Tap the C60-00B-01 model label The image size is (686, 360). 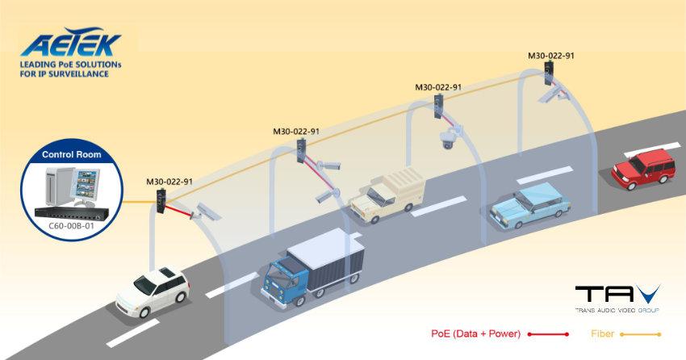pyautogui.click(x=72, y=227)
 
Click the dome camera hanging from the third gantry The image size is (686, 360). pyautogui.click(x=447, y=140)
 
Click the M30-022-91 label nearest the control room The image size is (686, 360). pyautogui.click(x=169, y=182)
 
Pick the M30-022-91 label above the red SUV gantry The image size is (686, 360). pyautogui.click(x=551, y=57)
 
